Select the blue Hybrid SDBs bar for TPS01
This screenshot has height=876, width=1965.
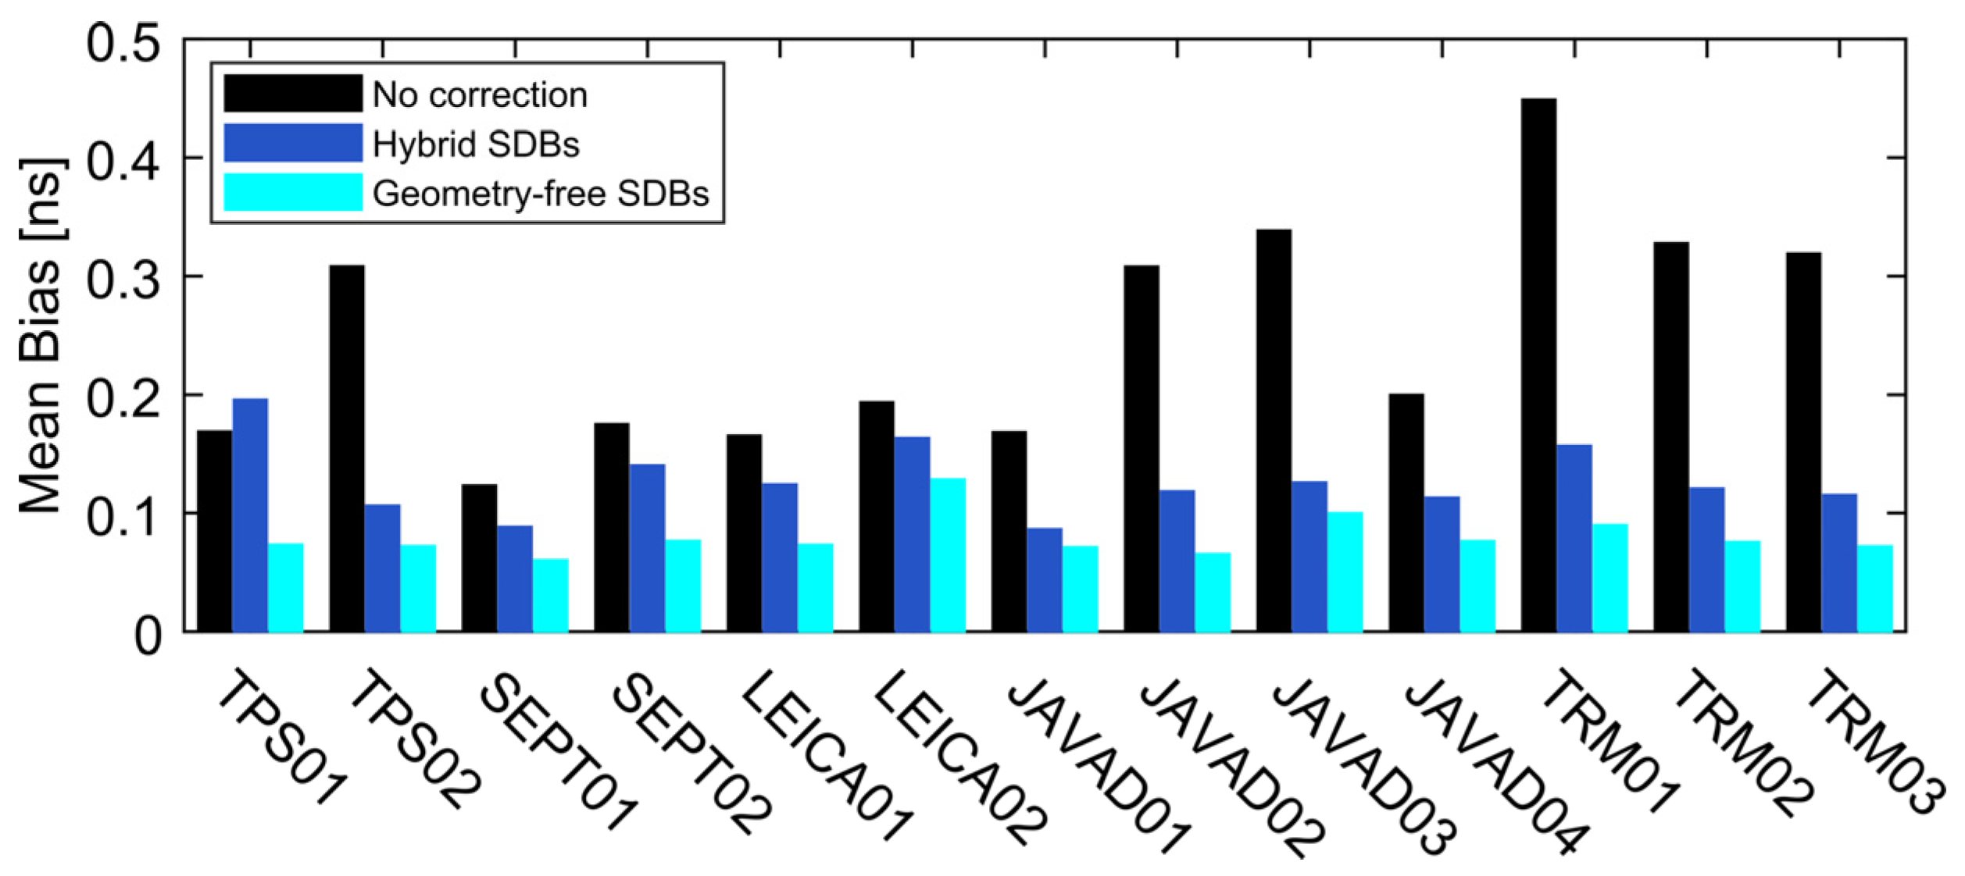point(250,515)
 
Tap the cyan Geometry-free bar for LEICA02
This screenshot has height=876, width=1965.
point(948,554)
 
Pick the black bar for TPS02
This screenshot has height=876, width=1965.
point(347,448)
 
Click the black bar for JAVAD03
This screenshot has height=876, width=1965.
point(1274,430)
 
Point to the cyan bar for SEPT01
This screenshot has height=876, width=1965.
point(551,595)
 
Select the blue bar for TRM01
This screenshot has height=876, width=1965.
point(1574,538)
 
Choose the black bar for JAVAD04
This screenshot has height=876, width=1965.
point(1406,512)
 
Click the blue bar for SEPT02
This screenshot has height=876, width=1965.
point(647,547)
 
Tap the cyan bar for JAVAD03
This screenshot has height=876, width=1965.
point(1345,572)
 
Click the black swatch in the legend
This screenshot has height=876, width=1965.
point(293,94)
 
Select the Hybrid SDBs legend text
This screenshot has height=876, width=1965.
point(476,144)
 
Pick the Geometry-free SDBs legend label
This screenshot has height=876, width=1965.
point(541,193)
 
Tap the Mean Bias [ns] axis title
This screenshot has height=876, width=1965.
point(41,336)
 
